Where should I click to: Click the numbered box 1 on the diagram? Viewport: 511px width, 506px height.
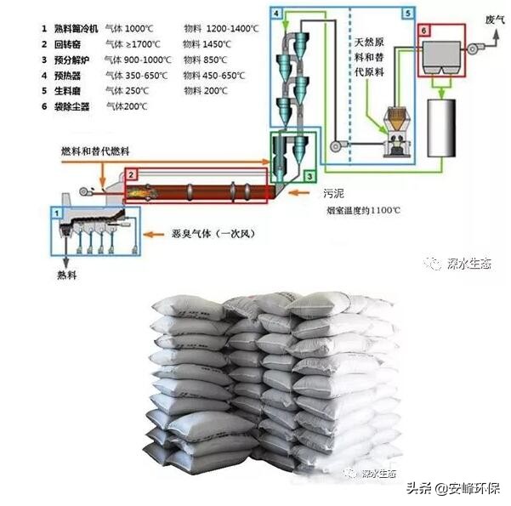coord(57,211)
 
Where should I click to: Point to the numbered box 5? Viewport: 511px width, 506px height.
coord(408,14)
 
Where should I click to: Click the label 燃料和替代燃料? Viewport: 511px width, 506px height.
coord(95,151)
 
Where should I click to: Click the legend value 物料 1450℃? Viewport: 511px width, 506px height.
coord(212,44)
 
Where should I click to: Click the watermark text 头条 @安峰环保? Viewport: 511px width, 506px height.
coord(453,488)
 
